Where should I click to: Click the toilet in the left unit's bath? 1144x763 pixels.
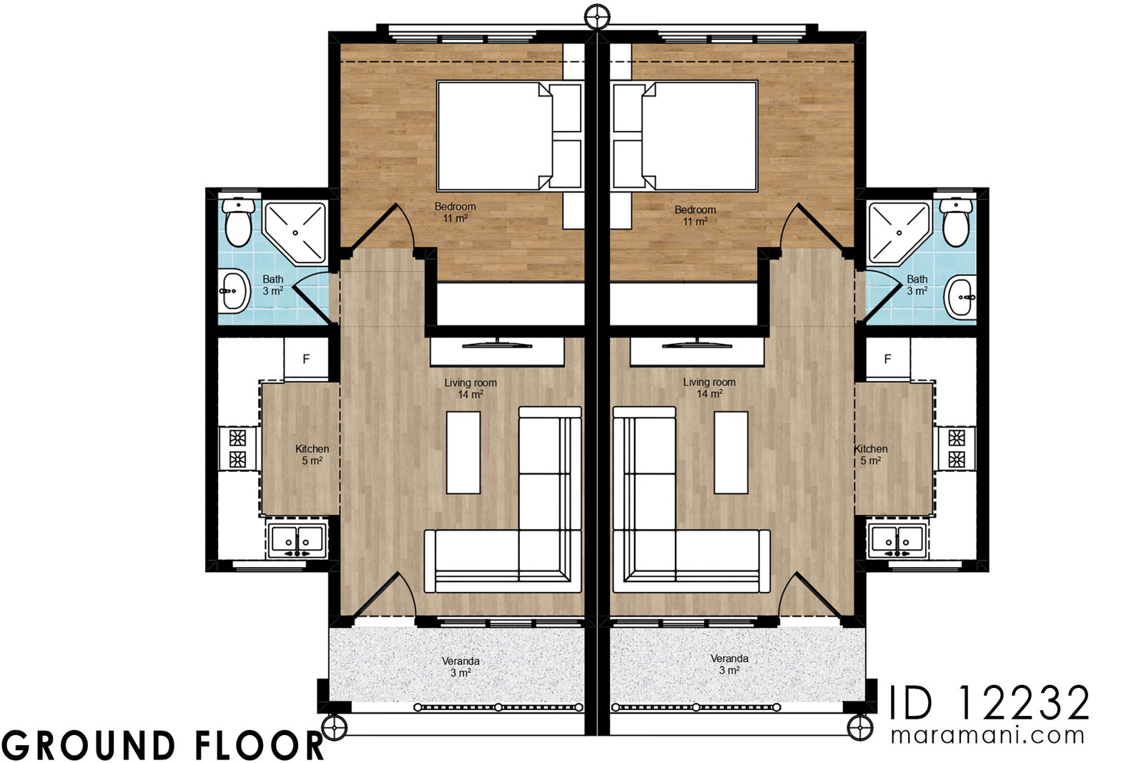tap(237, 221)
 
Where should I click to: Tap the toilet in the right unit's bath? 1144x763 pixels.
tap(956, 221)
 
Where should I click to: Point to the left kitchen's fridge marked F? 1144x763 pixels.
tap(306, 359)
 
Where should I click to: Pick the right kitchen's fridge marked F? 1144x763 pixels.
tap(887, 359)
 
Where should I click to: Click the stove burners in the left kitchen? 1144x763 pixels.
tap(237, 448)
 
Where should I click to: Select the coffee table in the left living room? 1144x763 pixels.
tap(463, 452)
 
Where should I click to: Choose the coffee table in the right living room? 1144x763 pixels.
tap(731, 452)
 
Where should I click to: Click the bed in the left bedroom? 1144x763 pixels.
tap(495, 136)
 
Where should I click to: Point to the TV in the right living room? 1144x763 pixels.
tap(697, 345)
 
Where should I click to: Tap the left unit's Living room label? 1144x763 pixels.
tap(470, 388)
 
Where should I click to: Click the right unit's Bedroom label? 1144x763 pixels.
tap(695, 215)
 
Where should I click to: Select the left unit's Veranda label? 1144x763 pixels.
tap(460, 666)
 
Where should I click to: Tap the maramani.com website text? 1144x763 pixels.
tap(987, 735)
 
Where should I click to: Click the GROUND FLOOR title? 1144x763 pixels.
tap(163, 745)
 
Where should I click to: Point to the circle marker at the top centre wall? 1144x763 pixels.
tap(596, 16)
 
